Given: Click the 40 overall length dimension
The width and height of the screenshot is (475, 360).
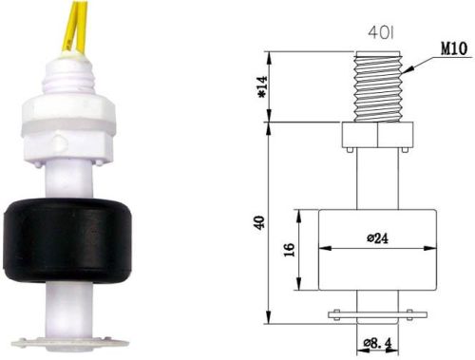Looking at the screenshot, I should tap(259, 224).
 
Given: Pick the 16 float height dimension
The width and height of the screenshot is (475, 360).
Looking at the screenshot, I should tap(291, 249).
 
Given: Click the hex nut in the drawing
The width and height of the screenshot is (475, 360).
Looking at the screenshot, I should tap(377, 135).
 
